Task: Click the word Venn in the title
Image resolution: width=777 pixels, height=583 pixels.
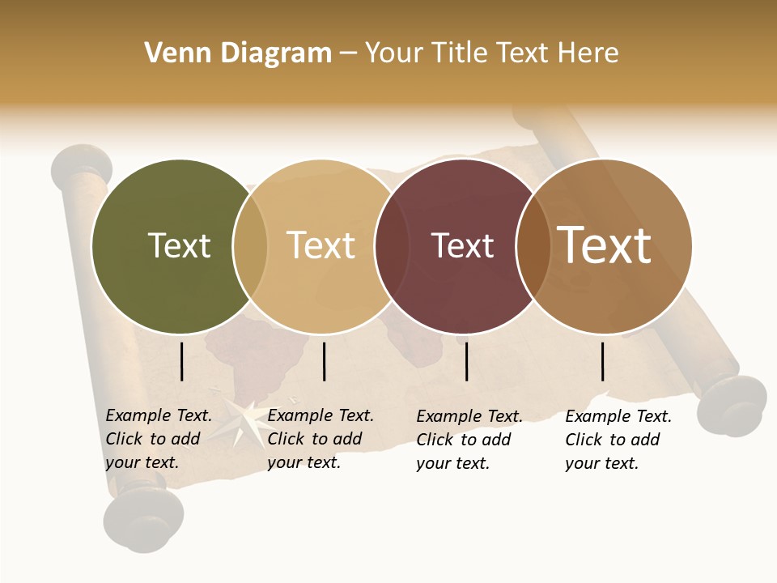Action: coord(172,53)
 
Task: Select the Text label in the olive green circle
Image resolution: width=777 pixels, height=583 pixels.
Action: coord(179,245)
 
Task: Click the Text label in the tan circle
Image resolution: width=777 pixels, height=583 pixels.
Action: coord(321,245)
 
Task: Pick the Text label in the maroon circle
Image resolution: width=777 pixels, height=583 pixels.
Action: coord(462,245)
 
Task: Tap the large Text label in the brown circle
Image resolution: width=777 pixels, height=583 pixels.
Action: coord(605,245)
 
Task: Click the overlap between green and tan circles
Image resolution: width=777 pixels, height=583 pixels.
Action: coord(250,246)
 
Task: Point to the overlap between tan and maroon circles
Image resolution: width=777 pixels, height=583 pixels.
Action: coord(392,246)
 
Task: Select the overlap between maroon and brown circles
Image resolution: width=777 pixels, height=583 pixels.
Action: coord(533,246)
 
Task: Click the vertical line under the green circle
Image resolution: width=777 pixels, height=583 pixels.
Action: coord(181,361)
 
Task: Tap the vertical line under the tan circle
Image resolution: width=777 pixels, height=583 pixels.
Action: coord(324,361)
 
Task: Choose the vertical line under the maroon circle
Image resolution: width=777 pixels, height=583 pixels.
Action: coord(467,361)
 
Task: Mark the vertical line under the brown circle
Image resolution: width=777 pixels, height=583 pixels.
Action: coord(603,361)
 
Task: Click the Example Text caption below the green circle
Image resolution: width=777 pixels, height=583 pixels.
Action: coord(158,439)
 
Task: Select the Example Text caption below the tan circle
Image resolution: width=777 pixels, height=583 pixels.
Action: coord(320,439)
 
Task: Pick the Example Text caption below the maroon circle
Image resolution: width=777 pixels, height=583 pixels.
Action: coord(469,440)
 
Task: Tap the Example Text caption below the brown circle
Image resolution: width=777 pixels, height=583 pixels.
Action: coord(618,440)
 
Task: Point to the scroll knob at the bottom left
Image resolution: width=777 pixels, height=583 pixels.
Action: coord(144,517)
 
